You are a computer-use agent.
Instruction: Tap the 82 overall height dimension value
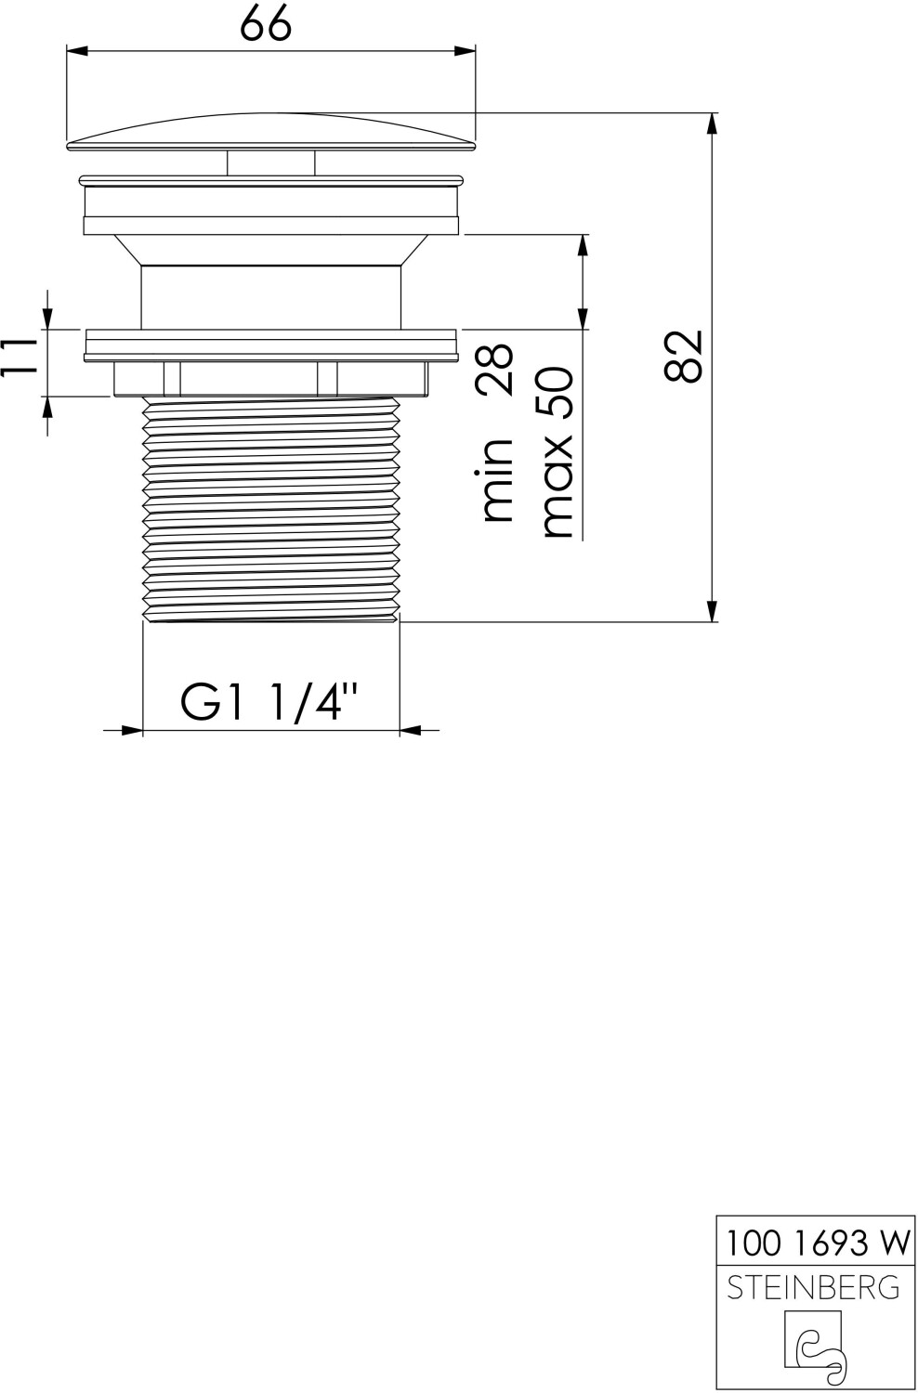pyautogui.click(x=683, y=356)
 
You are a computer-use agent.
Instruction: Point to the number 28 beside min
pyautogui.click(x=495, y=370)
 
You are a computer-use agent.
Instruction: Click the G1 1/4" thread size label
pyautogui.click(x=270, y=702)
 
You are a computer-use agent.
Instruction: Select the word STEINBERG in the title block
pyautogui.click(x=813, y=1286)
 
